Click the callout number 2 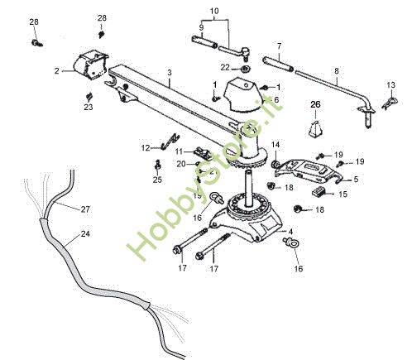click(x=57, y=71)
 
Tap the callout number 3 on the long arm click(x=169, y=74)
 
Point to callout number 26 click(x=314, y=103)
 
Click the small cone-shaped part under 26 click(x=315, y=131)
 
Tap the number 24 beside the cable click(x=84, y=234)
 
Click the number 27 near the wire click(x=85, y=209)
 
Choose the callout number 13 click(x=392, y=84)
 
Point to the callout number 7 click(x=279, y=46)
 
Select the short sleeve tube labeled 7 click(x=280, y=62)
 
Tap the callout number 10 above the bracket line click(x=215, y=12)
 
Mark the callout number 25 click(x=157, y=180)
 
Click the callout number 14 click(x=275, y=145)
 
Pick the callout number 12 click(x=146, y=147)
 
